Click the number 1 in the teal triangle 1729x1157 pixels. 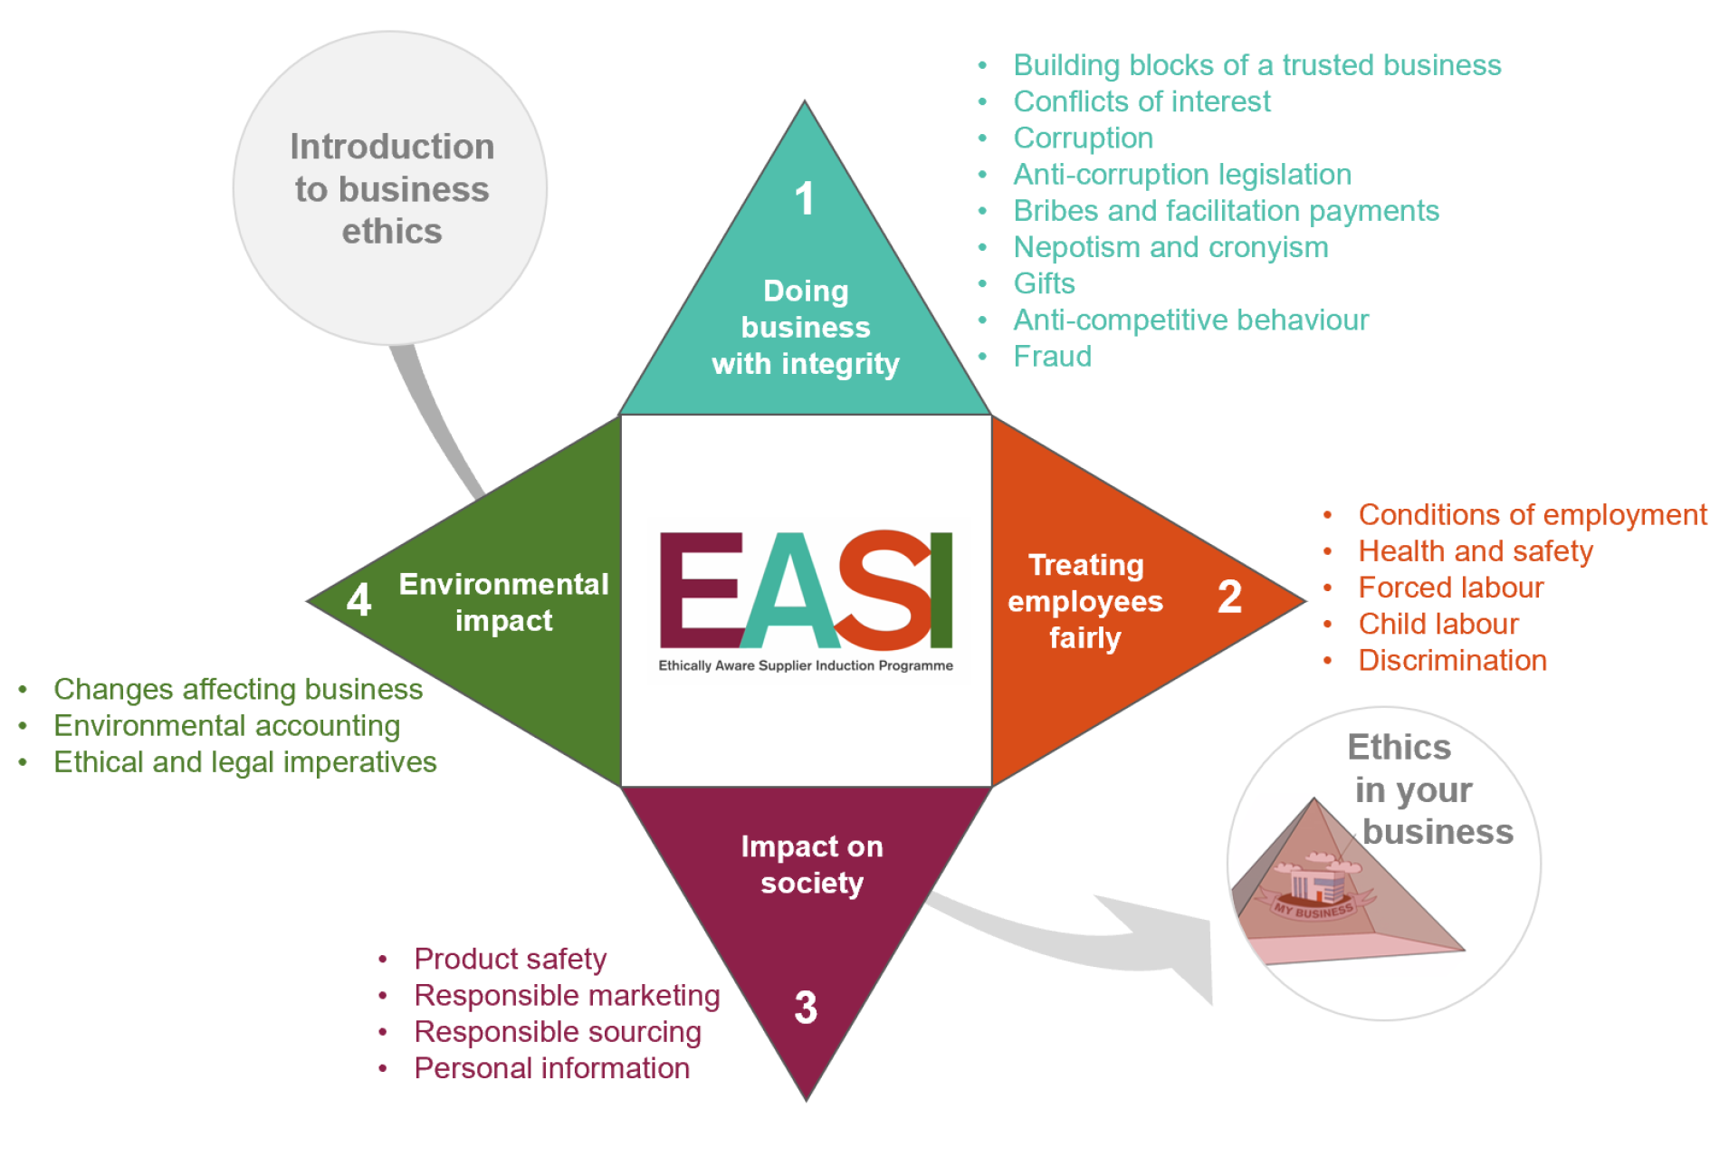tap(804, 198)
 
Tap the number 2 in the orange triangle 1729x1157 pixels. tap(1228, 597)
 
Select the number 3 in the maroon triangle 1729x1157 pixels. tap(805, 1007)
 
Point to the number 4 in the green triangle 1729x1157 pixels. tap(359, 599)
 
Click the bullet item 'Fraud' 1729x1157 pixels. tap(1052, 357)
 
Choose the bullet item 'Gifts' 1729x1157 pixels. tap(1044, 283)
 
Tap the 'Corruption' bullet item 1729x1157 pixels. tap(1083, 138)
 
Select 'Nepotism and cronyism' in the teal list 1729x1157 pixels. tap(1170, 247)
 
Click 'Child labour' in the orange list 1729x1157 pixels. tap(1438, 624)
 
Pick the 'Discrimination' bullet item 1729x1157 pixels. tap(1452, 660)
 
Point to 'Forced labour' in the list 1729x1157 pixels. tap(1450, 588)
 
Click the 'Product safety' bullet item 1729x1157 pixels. tap(510, 959)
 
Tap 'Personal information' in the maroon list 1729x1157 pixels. tap(551, 1068)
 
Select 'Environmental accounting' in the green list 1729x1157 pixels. tap(226, 726)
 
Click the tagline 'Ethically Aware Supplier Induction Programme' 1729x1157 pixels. tap(805, 665)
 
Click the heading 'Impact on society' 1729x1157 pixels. tap(811, 865)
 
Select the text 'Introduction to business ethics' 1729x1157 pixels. tap(391, 188)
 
